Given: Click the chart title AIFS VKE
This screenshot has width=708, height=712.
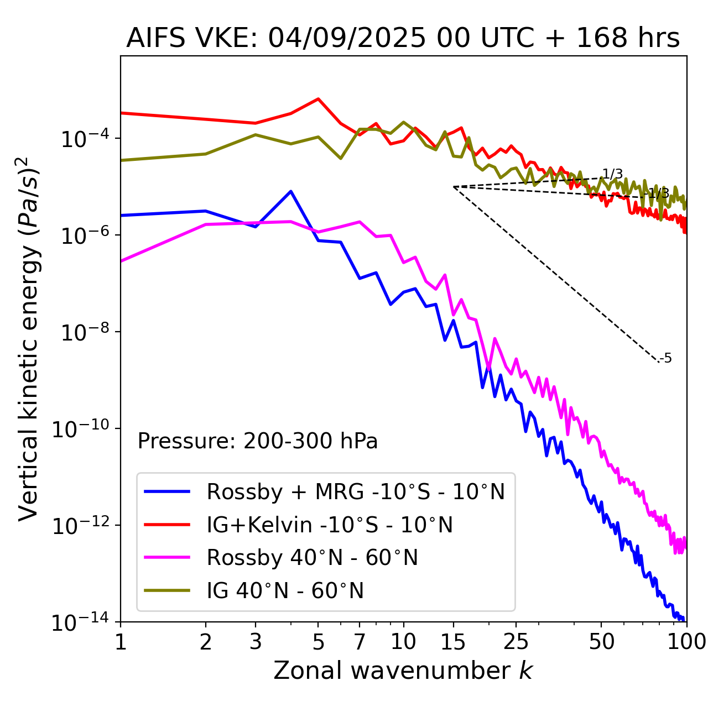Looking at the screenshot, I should coord(403,39).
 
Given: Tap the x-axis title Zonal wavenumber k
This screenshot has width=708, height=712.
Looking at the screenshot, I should coord(403,671).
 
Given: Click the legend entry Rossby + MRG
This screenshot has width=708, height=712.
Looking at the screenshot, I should coord(356,491).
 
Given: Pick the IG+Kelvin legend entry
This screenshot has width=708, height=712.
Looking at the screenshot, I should coord(330,525).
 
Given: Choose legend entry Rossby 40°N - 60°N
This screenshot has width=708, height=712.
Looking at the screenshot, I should coord(312,558).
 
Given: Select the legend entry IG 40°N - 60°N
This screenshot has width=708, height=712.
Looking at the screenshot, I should coord(285,591).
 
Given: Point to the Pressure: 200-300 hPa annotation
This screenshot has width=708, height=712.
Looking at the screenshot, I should coord(258,441).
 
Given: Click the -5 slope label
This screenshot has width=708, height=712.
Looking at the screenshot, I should coord(667,358).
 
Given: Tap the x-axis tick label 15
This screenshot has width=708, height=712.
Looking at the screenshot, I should coord(453,642).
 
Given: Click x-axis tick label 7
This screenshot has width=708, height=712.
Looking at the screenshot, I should coord(360,642).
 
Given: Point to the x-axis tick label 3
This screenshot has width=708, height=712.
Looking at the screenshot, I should coord(255,642).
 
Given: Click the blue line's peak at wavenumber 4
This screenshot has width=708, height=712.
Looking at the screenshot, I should coord(291,191).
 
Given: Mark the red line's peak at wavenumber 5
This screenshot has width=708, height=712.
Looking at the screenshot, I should coord(318,99).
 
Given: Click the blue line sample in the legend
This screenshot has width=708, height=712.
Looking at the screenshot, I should coord(167,491).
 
